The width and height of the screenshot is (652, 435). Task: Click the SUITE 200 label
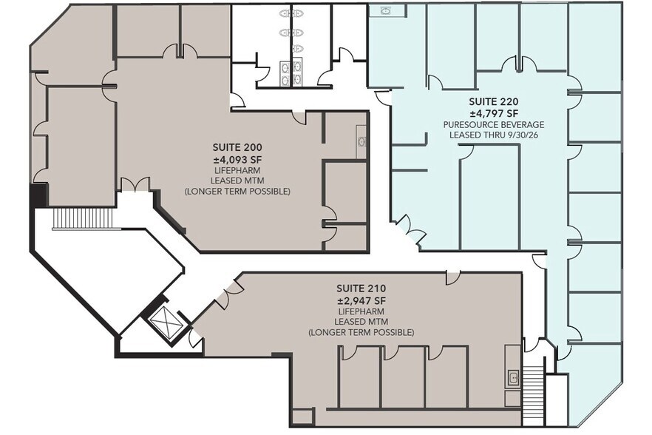click(237, 146)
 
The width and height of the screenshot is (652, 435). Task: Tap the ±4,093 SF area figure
click(237, 157)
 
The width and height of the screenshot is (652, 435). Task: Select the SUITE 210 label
click(361, 288)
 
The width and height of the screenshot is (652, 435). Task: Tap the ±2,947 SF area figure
click(361, 300)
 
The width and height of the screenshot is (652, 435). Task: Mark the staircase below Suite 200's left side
click(72, 218)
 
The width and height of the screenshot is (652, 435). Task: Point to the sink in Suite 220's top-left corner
click(385, 10)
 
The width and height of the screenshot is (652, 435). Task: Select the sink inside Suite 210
click(512, 378)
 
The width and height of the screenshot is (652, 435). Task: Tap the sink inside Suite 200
click(361, 141)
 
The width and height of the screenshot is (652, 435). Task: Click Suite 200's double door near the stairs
click(135, 184)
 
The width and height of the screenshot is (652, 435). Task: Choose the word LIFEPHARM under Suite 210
click(361, 311)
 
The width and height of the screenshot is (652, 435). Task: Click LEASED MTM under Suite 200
click(237, 180)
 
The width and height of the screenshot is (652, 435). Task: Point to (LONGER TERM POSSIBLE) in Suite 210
click(361, 333)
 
